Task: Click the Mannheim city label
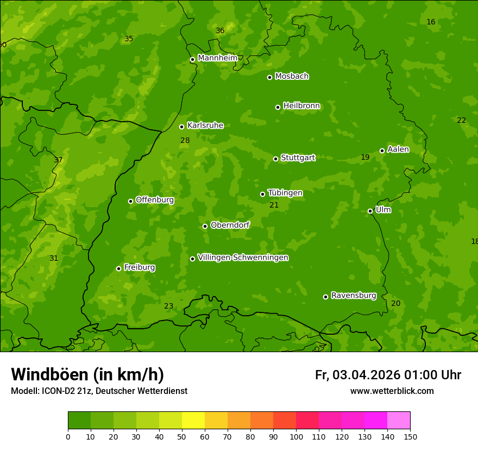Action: [217, 58]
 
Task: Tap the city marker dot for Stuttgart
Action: [275, 159]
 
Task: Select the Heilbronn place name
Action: [301, 106]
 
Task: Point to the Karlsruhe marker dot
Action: [181, 127]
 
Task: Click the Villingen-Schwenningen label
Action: [243, 258]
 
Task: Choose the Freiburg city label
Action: [139, 267]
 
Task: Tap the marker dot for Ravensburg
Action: [325, 297]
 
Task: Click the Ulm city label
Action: [383, 210]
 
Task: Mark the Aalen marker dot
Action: [382, 151]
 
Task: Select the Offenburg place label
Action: [155, 200]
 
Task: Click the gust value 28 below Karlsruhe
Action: [185, 141]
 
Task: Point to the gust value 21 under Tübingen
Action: [274, 205]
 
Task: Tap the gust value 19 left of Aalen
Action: [365, 158]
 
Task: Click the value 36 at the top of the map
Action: [220, 31]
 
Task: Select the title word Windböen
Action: [49, 374]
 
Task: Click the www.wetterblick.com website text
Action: [392, 391]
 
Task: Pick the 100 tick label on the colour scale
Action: [296, 436]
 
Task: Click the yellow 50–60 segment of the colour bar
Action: [193, 421]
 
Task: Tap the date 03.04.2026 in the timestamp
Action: [366, 375]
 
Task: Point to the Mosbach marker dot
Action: [269, 77]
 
